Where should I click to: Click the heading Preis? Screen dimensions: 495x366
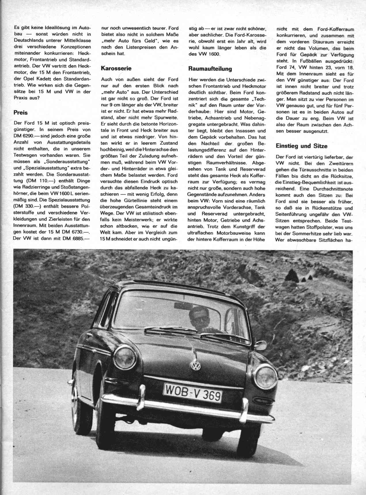pyautogui.click(x=20, y=113)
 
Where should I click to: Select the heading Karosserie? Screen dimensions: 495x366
pyautogui.click(x=116, y=68)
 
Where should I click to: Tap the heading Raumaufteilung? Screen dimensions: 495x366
pyautogui.click(x=210, y=69)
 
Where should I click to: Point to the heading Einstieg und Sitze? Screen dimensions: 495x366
pyautogui.click(x=301, y=146)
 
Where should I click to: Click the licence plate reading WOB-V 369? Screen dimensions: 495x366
pyautogui.click(x=193, y=393)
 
